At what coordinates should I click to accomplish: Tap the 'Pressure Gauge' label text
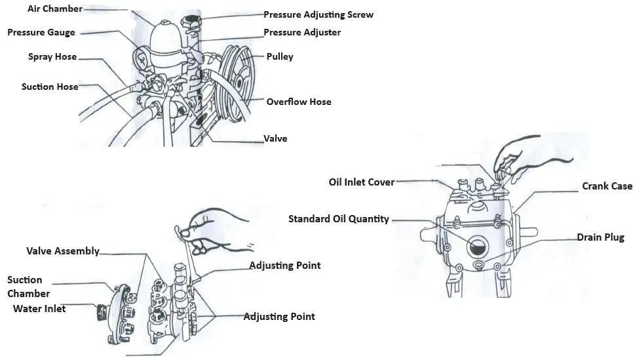pos(41,33)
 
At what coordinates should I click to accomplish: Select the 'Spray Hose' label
pos(52,57)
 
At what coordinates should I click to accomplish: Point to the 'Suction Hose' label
pos(50,87)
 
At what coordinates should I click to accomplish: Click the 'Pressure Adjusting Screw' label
pos(318,14)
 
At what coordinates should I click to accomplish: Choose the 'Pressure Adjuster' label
pos(302,32)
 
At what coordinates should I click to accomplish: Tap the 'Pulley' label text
pos(280,57)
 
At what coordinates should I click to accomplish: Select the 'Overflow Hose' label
pos(298,102)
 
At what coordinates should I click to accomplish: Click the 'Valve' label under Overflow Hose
pos(275,139)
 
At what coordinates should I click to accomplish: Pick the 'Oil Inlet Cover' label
pos(361,182)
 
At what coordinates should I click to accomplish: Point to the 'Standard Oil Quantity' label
pos(338,219)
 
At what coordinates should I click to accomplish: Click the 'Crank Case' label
pos(607,186)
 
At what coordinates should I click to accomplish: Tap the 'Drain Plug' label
pos(600,237)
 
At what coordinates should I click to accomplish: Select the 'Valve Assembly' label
pos(63,251)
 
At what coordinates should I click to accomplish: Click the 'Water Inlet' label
pos(39,308)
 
